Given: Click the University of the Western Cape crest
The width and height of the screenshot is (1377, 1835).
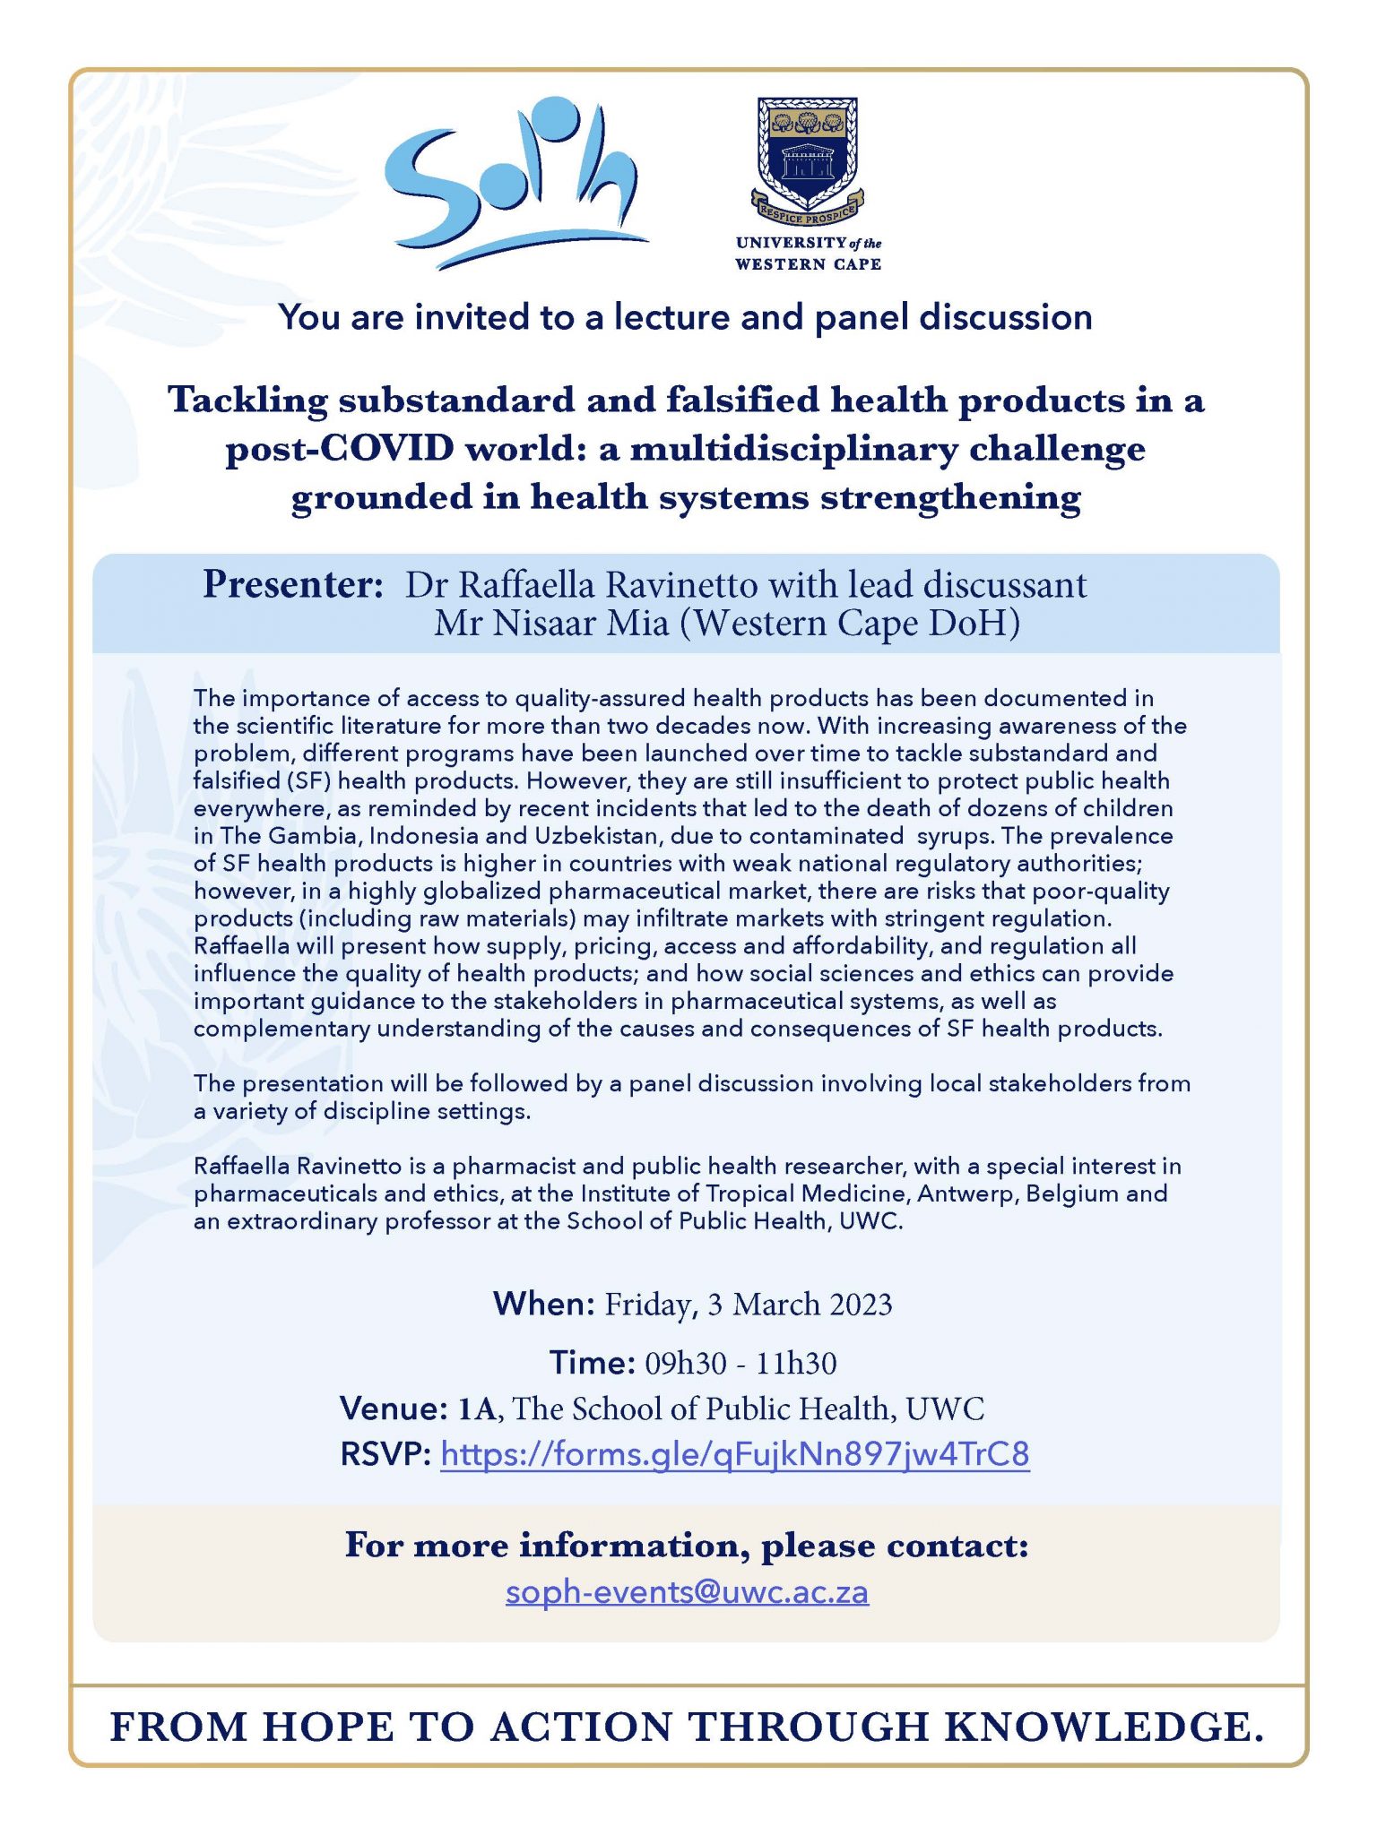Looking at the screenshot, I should [x=807, y=159].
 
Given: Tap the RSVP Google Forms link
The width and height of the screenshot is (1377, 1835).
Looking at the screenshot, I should [x=734, y=1453].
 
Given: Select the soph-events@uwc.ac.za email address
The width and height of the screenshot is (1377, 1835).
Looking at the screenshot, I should [x=687, y=1592].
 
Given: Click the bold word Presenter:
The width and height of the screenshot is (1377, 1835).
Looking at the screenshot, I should [x=293, y=585].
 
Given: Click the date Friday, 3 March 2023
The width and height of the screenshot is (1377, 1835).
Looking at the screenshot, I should [x=748, y=1305].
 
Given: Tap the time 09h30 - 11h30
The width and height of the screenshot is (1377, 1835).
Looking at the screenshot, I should [x=740, y=1364].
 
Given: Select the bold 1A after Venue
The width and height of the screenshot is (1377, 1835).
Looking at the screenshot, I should [x=477, y=1409].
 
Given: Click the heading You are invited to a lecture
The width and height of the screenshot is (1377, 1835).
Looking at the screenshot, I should [x=685, y=317].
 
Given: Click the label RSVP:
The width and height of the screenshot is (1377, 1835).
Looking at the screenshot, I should [x=386, y=1453].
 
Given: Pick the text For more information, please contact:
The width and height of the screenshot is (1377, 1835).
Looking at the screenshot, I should [x=687, y=1546].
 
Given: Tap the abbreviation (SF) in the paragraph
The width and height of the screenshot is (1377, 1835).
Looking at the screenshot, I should [x=307, y=780].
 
